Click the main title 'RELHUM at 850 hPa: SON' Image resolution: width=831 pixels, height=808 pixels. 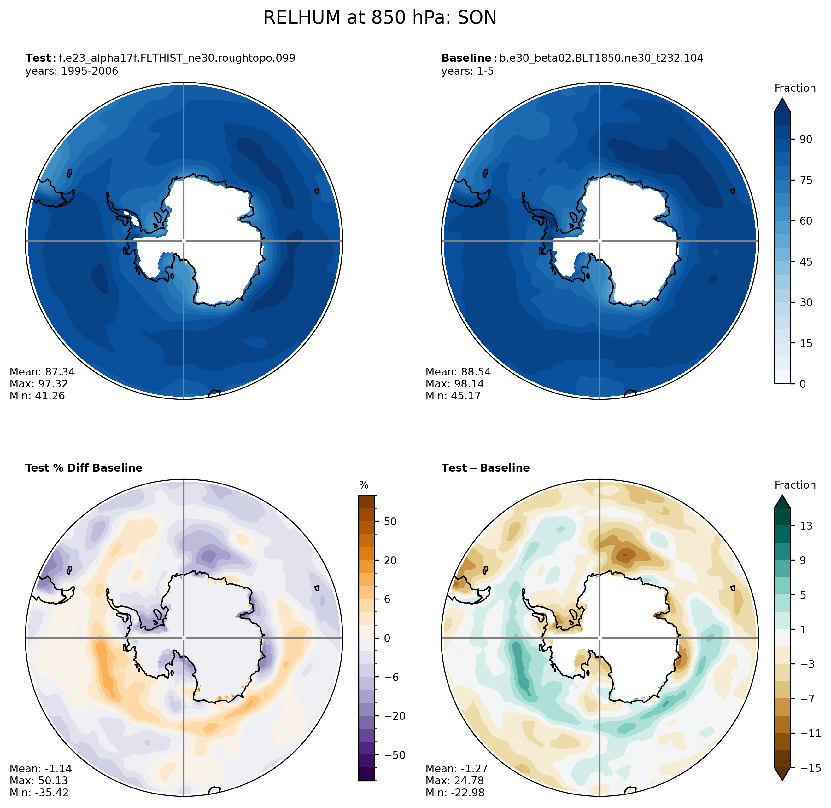(x=379, y=18)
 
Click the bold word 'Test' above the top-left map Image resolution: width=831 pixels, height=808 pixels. (x=38, y=58)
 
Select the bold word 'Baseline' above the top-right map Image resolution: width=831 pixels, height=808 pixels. (x=466, y=58)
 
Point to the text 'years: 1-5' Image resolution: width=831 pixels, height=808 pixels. (x=467, y=71)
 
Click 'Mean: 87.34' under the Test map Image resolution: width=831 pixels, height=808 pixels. (x=42, y=372)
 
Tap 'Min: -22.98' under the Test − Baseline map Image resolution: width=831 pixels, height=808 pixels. (x=454, y=792)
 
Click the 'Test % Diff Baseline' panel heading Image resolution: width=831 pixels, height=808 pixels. (x=84, y=468)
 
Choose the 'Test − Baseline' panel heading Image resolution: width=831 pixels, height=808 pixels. (x=485, y=468)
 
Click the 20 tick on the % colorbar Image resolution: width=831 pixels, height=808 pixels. (x=390, y=560)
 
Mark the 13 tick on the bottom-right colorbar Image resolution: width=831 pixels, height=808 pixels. (x=806, y=526)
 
